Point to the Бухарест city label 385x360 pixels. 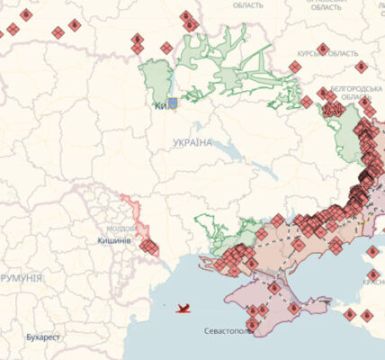click(43, 337)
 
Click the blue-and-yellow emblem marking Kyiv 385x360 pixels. click(173, 103)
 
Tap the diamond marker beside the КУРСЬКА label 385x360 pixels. click(323, 48)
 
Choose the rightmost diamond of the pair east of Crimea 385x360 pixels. click(367, 315)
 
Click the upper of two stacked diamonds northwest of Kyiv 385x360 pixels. click(138, 39)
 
